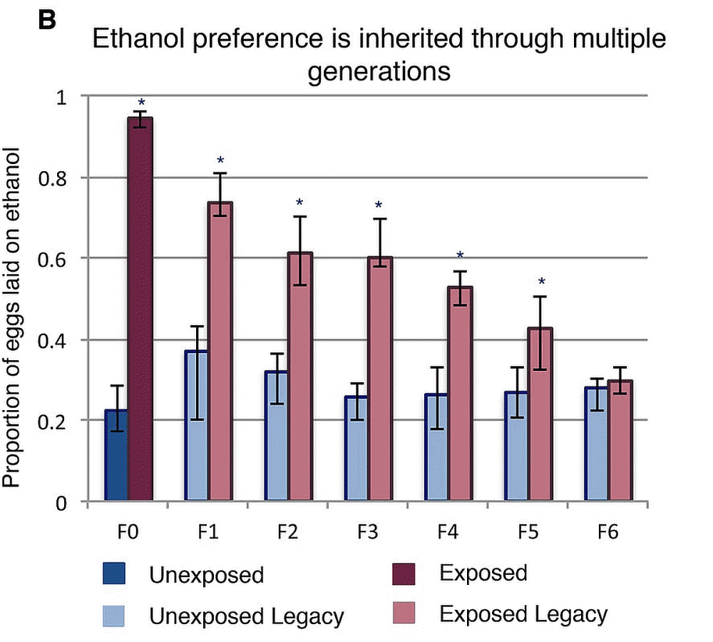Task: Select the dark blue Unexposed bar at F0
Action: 116,457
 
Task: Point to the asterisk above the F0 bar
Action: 141,103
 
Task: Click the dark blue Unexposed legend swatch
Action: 113,574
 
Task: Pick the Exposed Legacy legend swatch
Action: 404,613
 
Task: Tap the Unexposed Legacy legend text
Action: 246,616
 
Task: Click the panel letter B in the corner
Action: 44,20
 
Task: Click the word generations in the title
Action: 379,72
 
